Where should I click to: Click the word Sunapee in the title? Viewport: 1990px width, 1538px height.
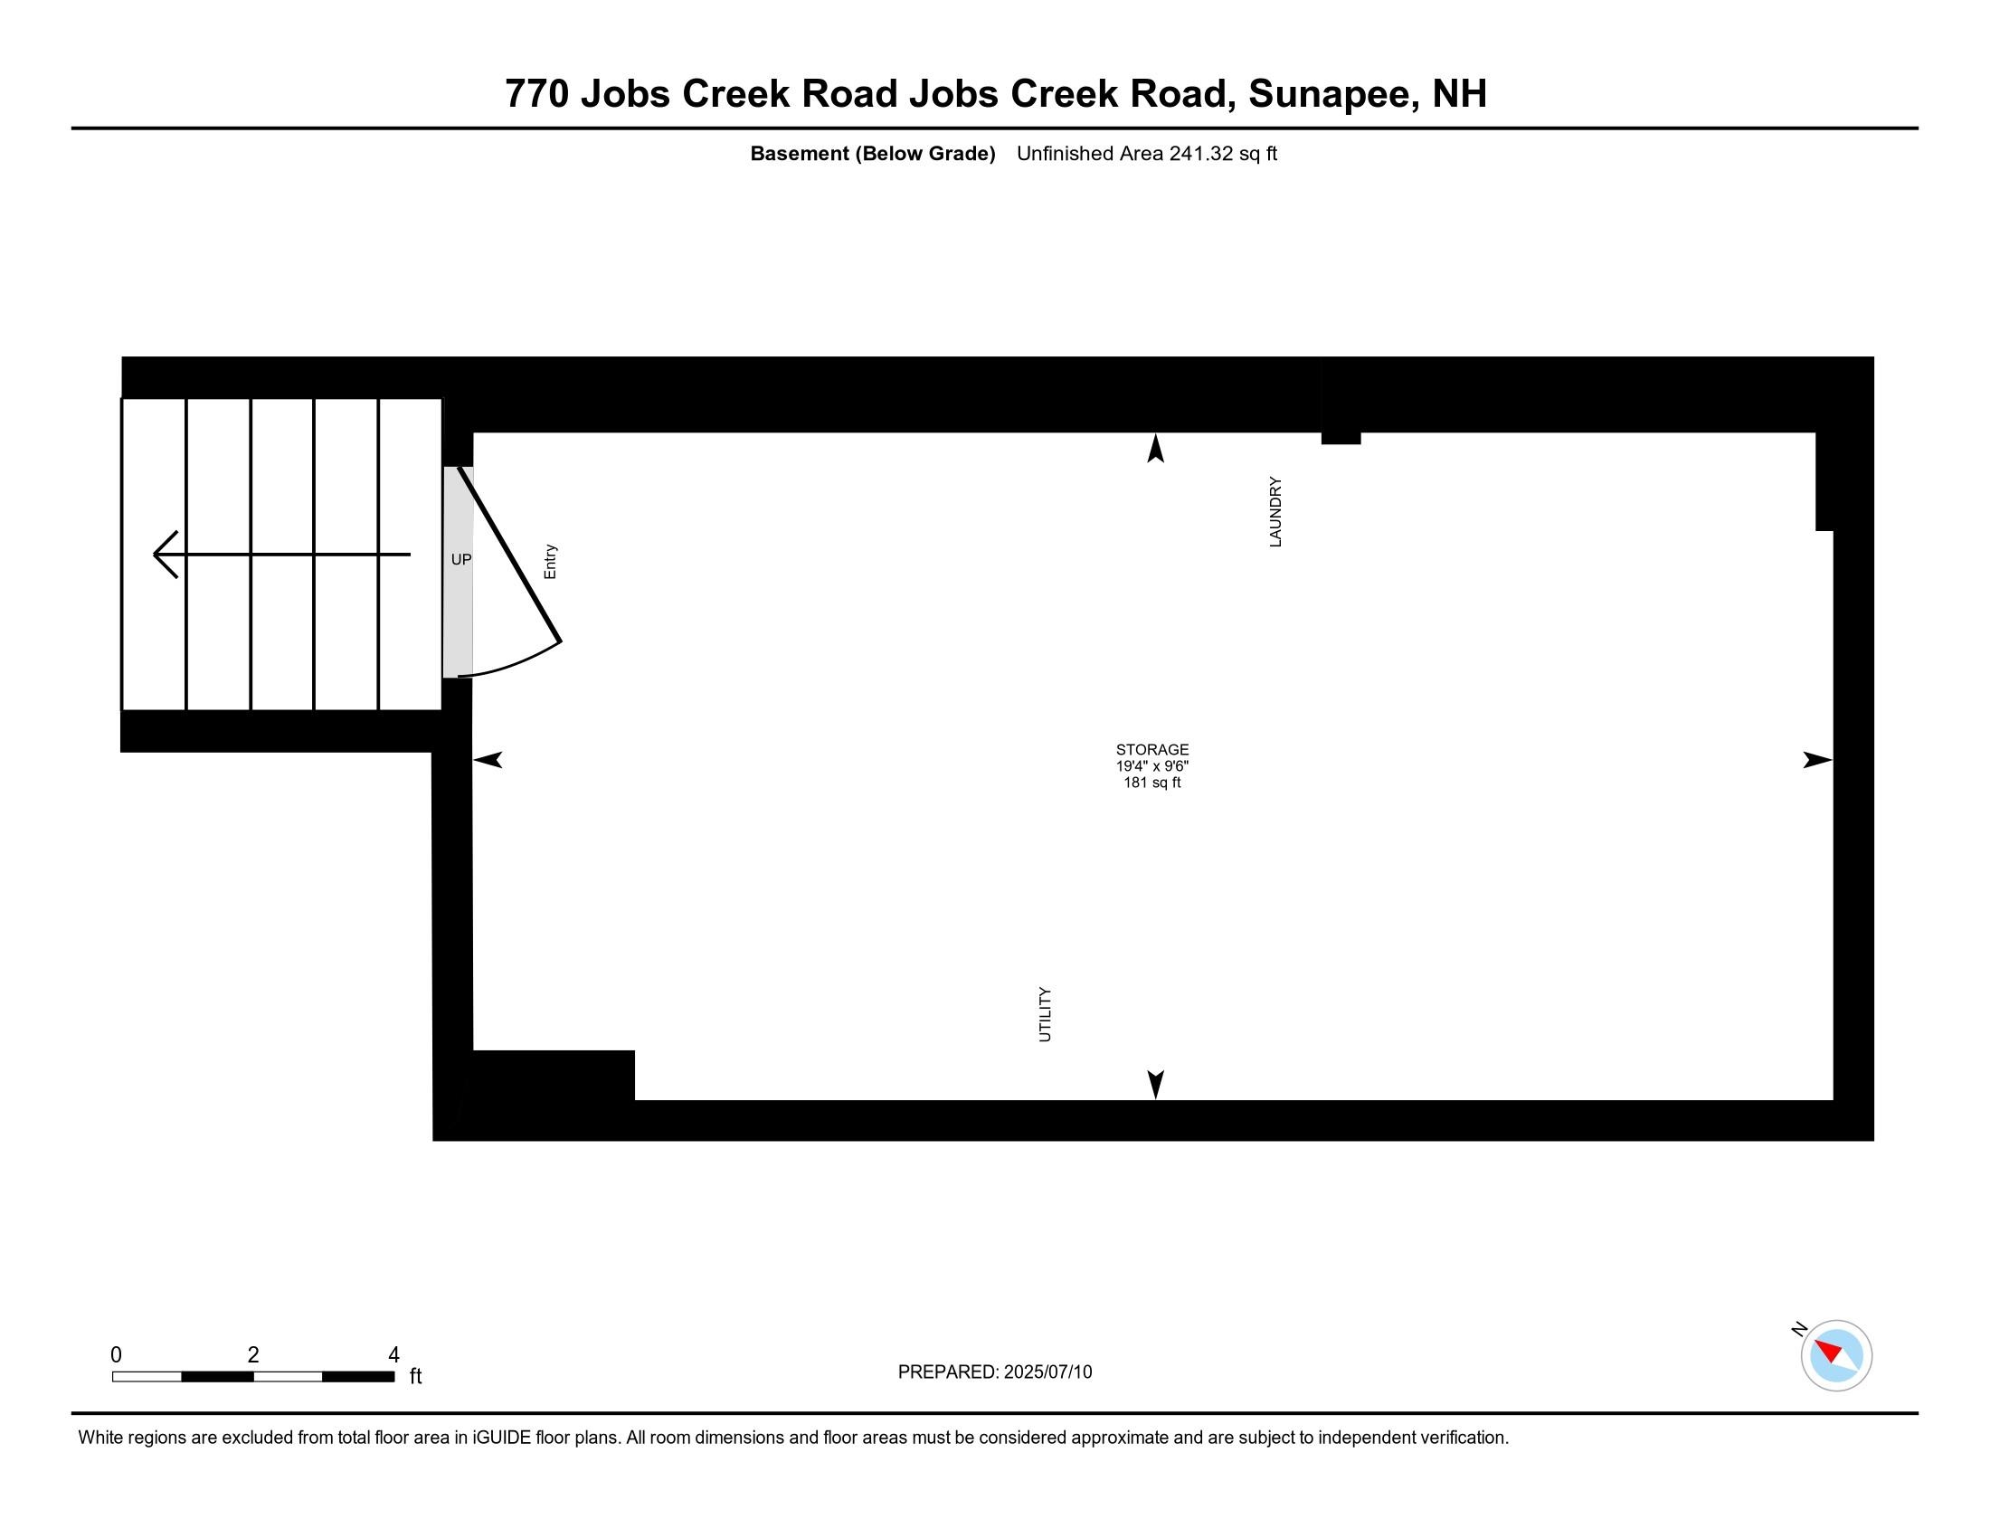point(1332,94)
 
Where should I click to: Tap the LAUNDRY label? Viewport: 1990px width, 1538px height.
point(1275,512)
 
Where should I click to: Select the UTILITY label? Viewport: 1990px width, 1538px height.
point(1045,1014)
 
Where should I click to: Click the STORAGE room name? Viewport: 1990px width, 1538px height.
point(1151,750)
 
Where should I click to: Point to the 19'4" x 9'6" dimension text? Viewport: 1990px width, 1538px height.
point(1151,766)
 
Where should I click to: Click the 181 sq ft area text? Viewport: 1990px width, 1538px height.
point(1151,783)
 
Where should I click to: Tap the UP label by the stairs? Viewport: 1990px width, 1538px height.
point(461,559)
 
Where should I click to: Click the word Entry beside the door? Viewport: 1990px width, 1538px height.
point(550,562)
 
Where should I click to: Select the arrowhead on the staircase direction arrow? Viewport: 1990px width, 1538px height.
point(164,554)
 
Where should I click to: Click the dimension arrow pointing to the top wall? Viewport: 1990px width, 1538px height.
point(1155,447)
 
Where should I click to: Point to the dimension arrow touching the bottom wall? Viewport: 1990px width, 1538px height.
point(1155,1084)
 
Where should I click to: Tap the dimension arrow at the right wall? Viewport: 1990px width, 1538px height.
point(1817,760)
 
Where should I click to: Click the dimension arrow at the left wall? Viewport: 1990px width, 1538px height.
point(488,760)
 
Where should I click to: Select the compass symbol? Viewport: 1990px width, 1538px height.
point(1836,1356)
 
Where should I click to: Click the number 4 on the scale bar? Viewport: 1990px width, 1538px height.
point(393,1355)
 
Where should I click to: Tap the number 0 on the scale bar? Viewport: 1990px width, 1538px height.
point(116,1355)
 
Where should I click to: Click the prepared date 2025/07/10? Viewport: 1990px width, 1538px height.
point(1047,1372)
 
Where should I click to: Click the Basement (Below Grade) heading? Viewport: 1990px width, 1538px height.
point(872,154)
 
